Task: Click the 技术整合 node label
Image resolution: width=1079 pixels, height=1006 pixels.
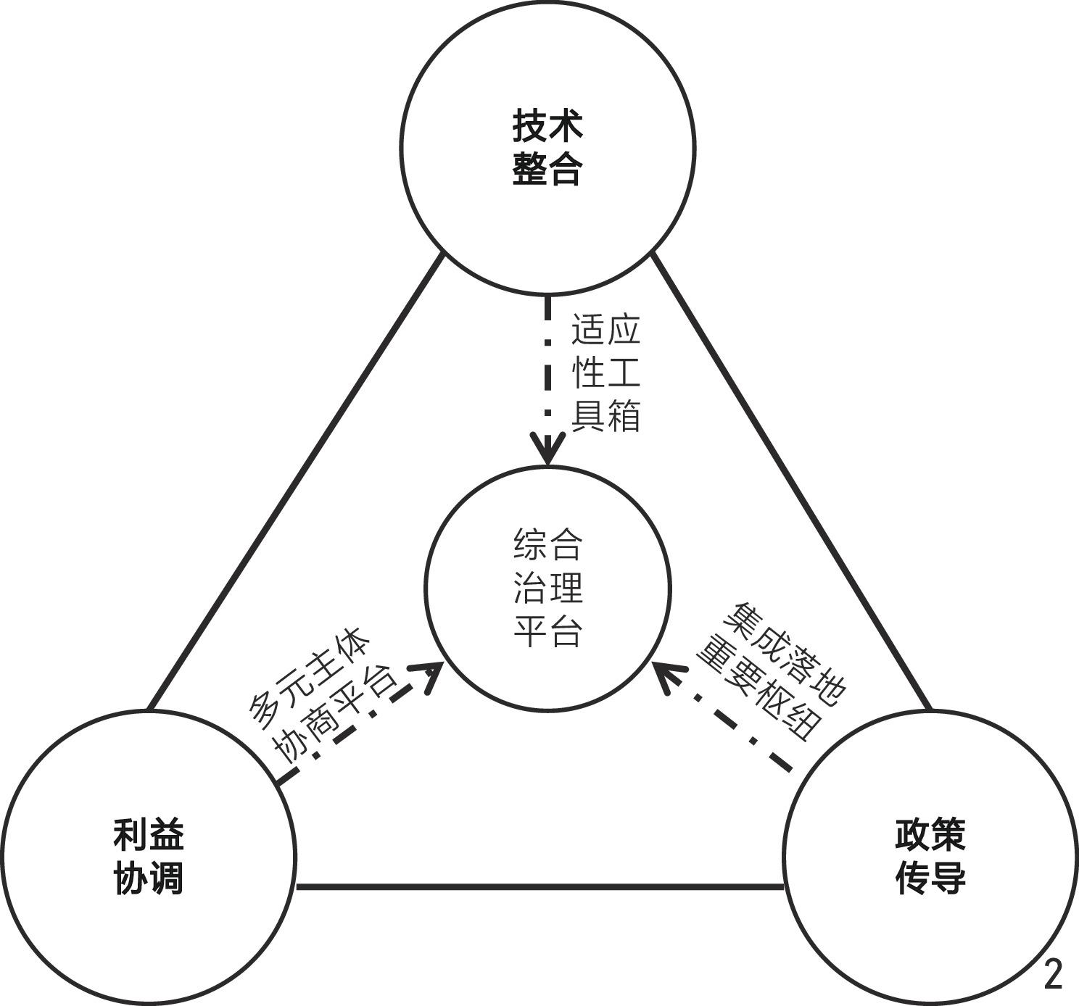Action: pos(547,148)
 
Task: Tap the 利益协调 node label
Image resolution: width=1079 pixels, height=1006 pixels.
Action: pos(149,856)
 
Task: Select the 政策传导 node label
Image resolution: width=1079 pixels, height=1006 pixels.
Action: pos(930,856)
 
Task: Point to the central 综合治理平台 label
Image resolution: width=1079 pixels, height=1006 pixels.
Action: pos(548,588)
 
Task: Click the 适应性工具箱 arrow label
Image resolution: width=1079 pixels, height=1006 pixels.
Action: pos(606,373)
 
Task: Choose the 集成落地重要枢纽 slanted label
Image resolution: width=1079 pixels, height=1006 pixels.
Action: pos(771,671)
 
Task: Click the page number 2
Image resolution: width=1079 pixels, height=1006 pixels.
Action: pos(1053,975)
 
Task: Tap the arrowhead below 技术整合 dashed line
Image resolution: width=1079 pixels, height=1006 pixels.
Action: pos(548,449)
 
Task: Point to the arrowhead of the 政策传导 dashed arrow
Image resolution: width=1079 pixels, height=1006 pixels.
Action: pos(667,675)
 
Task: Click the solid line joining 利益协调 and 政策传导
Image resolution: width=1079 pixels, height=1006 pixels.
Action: pos(540,886)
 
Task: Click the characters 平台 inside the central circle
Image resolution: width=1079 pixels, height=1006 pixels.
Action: pos(548,631)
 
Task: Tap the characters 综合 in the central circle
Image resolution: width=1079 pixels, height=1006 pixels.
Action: pos(548,545)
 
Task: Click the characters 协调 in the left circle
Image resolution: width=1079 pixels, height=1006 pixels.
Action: pos(149,878)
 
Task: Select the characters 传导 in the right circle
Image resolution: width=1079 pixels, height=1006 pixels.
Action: pos(930,878)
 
